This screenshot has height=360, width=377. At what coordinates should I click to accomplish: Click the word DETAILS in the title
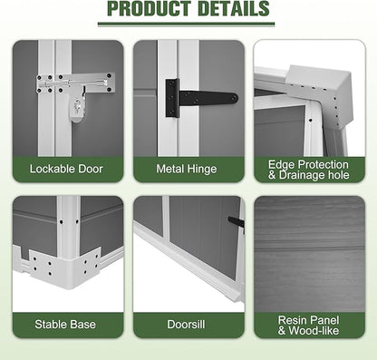(234, 8)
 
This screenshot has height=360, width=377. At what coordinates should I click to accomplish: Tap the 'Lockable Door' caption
(66, 169)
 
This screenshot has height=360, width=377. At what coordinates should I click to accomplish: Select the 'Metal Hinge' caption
(187, 169)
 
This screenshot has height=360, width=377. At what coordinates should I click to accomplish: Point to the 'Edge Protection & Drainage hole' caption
(308, 170)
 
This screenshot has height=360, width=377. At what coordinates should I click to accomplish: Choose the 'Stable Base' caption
(65, 325)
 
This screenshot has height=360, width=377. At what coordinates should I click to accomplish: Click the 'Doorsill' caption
(186, 325)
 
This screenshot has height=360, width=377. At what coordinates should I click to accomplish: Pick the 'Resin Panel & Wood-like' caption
(308, 326)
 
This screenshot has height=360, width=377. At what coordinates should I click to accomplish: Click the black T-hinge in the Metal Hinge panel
(201, 98)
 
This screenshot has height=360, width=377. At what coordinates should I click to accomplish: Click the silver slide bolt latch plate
(75, 83)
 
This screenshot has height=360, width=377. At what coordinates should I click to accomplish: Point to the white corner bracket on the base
(65, 265)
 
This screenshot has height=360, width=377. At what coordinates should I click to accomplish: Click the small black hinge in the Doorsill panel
(237, 223)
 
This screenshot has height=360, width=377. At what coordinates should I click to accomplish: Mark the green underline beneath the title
(187, 24)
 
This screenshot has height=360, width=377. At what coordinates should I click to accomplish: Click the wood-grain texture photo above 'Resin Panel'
(310, 254)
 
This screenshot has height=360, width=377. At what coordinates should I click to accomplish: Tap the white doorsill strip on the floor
(188, 261)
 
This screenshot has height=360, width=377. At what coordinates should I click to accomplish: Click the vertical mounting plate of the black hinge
(172, 98)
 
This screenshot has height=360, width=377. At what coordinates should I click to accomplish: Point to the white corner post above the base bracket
(69, 227)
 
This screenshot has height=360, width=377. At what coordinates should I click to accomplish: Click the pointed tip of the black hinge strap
(237, 98)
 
